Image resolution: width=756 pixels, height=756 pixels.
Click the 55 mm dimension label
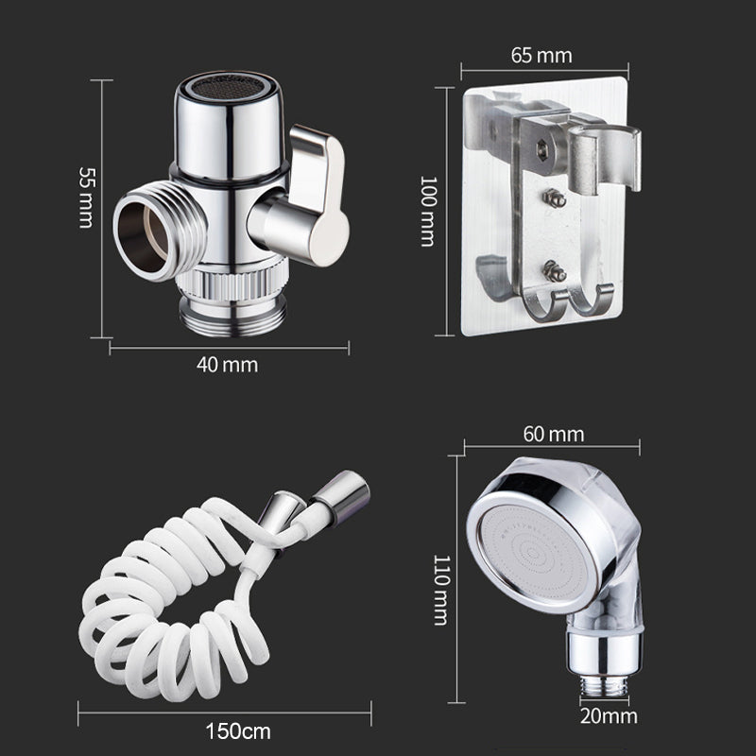[x=87, y=198]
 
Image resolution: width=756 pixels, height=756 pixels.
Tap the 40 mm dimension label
[x=227, y=365]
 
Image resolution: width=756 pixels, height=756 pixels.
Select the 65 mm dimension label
[x=541, y=56]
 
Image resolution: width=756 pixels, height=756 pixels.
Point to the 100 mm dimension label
[x=429, y=211]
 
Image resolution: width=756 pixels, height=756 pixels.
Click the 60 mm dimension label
[x=554, y=434]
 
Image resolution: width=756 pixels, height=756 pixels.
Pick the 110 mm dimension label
[x=441, y=590]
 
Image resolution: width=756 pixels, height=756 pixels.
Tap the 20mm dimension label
[x=609, y=716]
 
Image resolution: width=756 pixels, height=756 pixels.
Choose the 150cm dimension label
[x=238, y=731]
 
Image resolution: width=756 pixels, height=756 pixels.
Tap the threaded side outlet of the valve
[x=159, y=231]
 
